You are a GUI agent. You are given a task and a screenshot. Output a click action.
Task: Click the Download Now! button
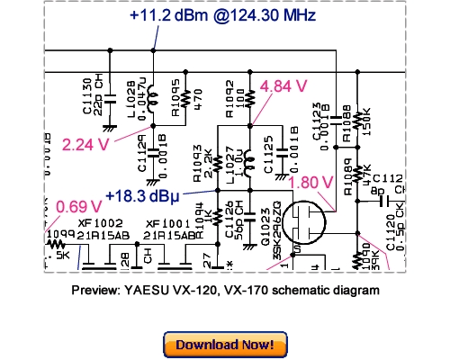225,344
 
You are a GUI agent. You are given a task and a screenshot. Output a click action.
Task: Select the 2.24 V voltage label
85,142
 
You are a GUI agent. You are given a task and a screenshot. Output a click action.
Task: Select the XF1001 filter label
166,221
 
